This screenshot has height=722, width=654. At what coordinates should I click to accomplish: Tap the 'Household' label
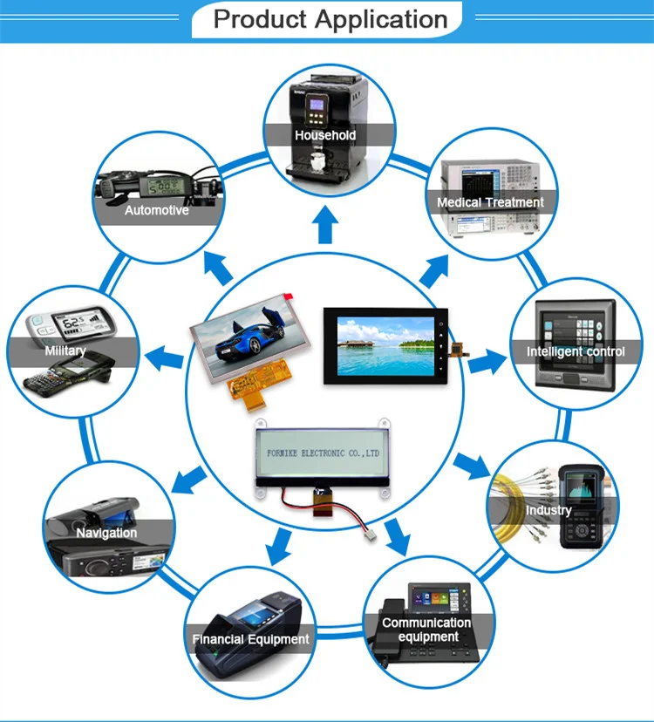click(x=325, y=135)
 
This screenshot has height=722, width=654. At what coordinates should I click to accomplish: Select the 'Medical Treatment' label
click(x=490, y=202)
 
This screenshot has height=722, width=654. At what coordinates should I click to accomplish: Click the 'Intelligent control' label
click(x=576, y=351)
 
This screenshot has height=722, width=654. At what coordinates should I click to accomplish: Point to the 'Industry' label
click(x=548, y=510)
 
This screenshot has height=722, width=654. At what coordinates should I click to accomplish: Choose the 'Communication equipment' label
click(x=426, y=630)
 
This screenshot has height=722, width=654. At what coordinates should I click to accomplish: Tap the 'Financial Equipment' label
click(x=250, y=639)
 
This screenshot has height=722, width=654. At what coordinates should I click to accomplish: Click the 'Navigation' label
click(x=106, y=532)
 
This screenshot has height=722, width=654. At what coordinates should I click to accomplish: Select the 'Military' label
click(x=65, y=351)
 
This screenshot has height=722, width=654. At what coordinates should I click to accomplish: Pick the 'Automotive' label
click(x=156, y=210)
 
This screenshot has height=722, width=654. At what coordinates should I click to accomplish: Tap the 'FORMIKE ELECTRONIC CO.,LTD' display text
click(x=322, y=454)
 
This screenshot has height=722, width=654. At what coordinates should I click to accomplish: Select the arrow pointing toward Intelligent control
click(x=486, y=358)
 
